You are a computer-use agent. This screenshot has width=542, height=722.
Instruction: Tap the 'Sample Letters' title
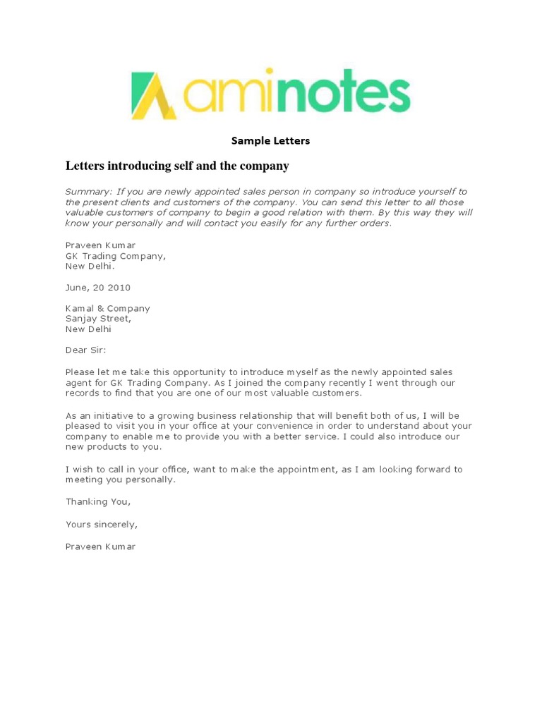point(271,140)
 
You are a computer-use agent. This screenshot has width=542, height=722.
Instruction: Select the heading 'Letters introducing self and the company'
point(177,166)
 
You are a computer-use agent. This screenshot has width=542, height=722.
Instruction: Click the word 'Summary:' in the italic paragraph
point(88,192)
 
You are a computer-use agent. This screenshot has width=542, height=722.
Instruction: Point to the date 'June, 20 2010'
point(97,288)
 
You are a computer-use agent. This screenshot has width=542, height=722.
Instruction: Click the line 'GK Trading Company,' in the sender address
point(116,256)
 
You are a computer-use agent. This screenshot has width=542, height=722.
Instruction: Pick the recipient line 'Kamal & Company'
point(107,308)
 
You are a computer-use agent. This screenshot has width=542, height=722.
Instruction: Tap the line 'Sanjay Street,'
point(98,319)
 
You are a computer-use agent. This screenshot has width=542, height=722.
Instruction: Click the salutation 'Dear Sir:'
point(85,350)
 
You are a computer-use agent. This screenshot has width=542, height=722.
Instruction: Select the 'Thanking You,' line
point(98,502)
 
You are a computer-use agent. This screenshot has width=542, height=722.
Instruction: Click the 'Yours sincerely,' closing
point(102,525)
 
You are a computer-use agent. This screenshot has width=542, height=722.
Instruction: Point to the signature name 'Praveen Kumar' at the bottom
point(100,546)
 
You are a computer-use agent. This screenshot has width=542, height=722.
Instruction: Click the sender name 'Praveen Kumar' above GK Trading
point(100,245)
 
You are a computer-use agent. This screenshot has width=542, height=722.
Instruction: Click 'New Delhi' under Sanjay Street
point(88,329)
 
